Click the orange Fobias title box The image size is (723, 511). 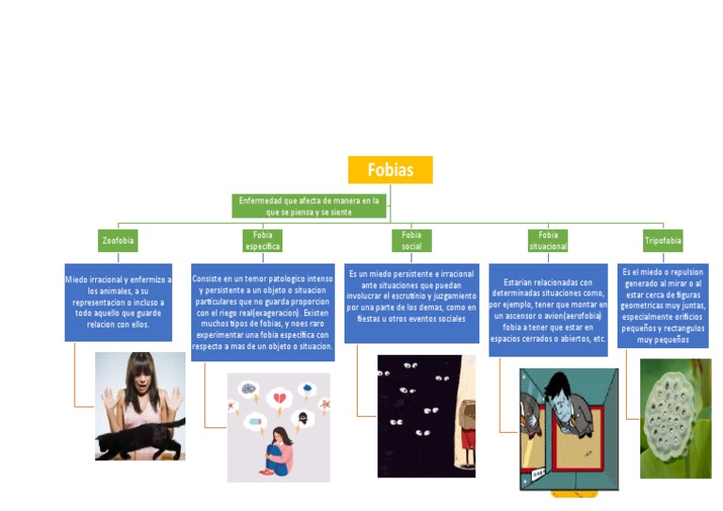click(x=390, y=169)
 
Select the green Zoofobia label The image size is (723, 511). click(x=118, y=241)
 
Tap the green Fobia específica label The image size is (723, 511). click(x=263, y=240)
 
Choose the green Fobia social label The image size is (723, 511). click(x=411, y=240)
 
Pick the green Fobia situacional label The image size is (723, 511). click(x=548, y=240)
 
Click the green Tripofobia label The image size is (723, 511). click(x=663, y=241)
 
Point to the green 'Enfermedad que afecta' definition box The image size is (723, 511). click(x=309, y=206)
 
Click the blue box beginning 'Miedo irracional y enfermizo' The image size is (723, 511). click(x=118, y=301)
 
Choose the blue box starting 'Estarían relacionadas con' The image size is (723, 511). click(x=548, y=310)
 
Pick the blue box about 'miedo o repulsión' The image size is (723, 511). click(x=663, y=305)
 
